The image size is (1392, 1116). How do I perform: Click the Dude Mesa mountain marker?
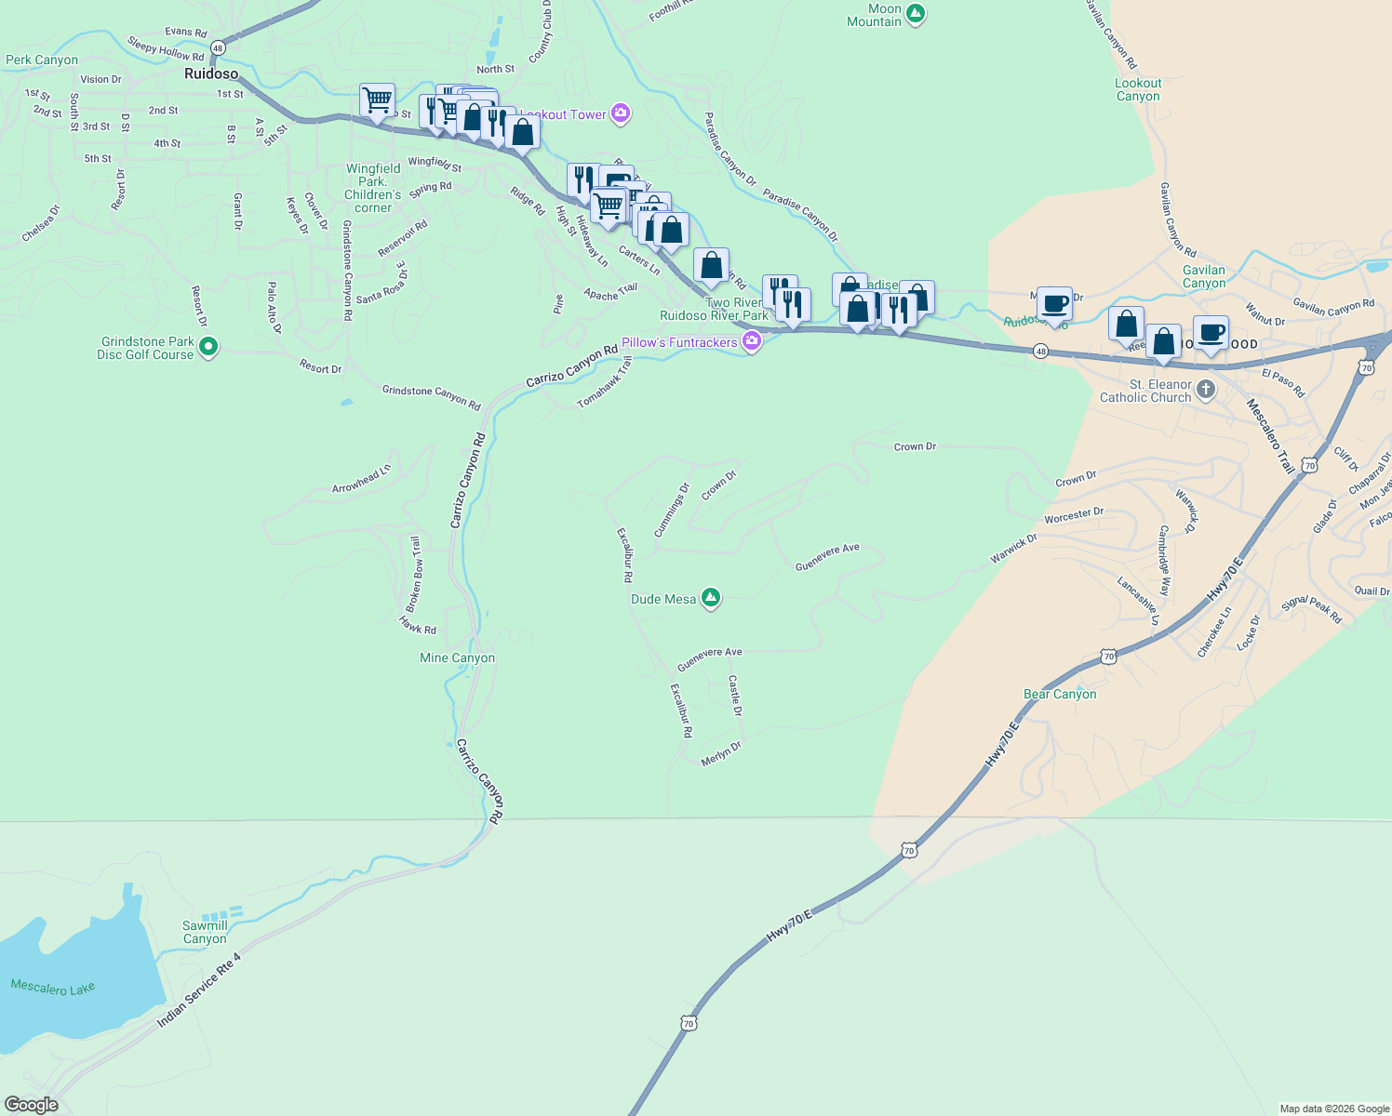[711, 598]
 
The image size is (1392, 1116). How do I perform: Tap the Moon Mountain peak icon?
[916, 14]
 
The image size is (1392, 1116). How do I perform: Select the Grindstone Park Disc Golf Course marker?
[209, 348]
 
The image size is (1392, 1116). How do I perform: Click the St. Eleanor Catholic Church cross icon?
[1206, 390]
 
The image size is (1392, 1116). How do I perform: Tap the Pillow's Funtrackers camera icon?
[752, 342]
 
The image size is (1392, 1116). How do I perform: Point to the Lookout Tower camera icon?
[621, 114]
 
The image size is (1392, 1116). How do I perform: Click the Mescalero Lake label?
[53, 988]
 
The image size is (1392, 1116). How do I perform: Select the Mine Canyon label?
[458, 658]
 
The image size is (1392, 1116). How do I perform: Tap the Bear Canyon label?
[1060, 694]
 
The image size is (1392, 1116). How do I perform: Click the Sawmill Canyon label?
[205, 932]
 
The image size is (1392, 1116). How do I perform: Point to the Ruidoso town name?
[211, 73]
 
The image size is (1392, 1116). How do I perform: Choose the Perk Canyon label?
[42, 60]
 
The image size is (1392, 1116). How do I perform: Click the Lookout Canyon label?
[1138, 89]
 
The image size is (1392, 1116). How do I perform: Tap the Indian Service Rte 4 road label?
[199, 990]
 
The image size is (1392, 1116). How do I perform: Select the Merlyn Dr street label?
[721, 753]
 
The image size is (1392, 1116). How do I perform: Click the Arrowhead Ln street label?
[362, 479]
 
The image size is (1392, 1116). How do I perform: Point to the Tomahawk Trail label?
[605, 382]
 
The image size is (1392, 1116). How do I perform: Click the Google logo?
[31, 1105]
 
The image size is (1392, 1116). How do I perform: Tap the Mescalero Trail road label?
[1270, 436]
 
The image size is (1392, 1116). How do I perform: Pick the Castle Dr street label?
[735, 696]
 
